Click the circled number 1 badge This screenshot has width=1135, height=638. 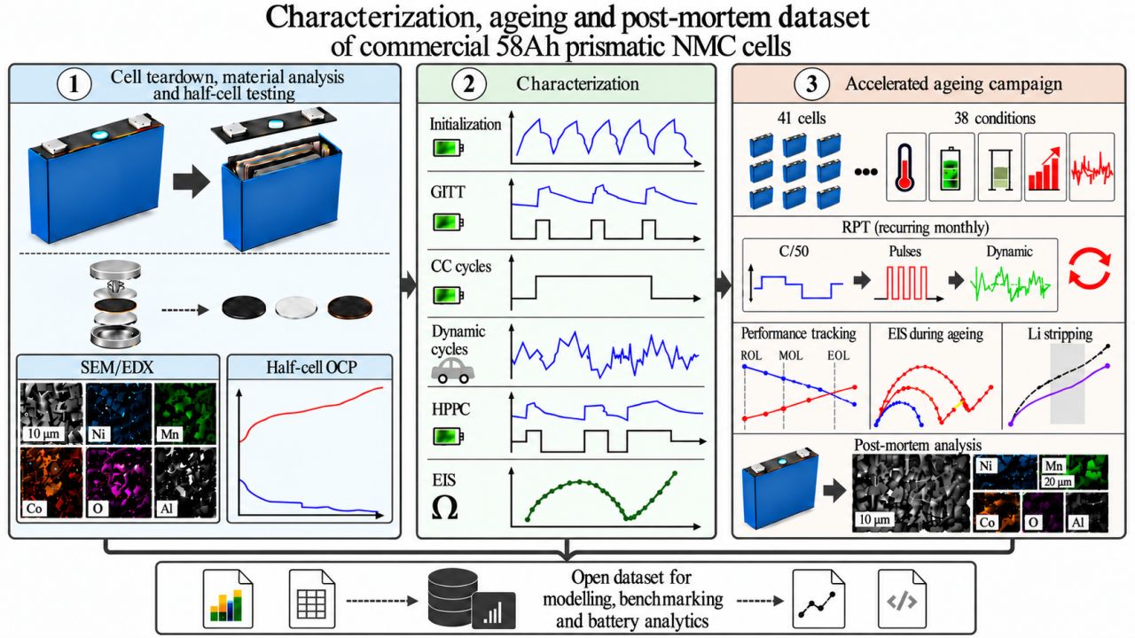74,84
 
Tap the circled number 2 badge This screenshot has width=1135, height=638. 469,84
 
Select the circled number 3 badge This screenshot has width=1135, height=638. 811,84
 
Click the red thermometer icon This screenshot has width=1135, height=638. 905,167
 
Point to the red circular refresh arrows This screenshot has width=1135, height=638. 1090,268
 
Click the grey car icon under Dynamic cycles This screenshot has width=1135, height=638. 452,370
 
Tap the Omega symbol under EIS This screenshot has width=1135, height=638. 444,508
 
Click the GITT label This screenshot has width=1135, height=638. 448,192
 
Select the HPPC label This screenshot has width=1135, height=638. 450,409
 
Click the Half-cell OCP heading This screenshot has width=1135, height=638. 311,367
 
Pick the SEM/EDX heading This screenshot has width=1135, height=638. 117,367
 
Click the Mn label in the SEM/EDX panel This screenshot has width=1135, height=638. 169,434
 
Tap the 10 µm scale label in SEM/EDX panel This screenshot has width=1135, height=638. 43,433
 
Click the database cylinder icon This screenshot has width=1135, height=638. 452,597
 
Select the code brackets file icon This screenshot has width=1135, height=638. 902,599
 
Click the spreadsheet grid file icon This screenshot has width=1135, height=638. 311,599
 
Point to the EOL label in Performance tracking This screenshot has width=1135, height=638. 838,355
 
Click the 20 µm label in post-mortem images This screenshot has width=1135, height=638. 1058,481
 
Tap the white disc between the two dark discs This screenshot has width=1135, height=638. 296,307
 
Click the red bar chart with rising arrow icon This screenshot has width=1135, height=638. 1045,168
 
